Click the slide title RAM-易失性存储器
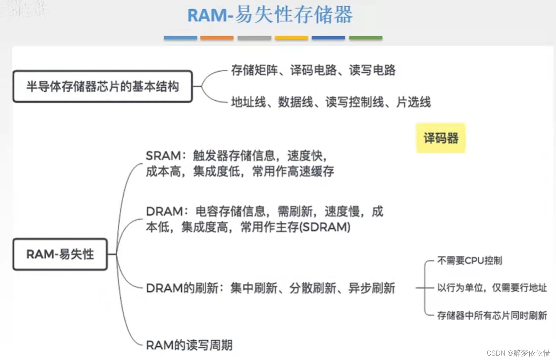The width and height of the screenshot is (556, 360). (x=270, y=16)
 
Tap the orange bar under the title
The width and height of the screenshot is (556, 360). (x=217, y=38)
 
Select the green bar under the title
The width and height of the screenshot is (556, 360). (x=365, y=38)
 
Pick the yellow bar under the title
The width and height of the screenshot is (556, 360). (x=291, y=38)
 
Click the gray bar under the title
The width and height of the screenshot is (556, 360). (x=254, y=38)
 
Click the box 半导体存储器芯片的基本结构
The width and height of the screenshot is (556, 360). (x=103, y=86)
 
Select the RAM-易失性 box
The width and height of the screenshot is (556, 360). (x=60, y=254)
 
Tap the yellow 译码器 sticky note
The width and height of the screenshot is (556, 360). (x=441, y=138)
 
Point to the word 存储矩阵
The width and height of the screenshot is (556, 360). (x=254, y=70)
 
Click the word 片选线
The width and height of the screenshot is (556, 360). (x=414, y=102)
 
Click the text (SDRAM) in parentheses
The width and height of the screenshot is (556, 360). (x=325, y=227)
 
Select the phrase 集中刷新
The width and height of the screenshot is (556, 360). (x=254, y=288)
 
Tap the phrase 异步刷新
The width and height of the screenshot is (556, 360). (x=372, y=288)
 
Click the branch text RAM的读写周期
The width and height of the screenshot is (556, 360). (x=189, y=345)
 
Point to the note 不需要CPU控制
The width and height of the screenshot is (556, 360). (x=470, y=261)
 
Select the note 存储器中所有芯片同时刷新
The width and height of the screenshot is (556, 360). (x=492, y=316)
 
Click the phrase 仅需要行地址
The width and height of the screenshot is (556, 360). (x=519, y=288)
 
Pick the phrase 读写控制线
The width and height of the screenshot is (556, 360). (x=355, y=102)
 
